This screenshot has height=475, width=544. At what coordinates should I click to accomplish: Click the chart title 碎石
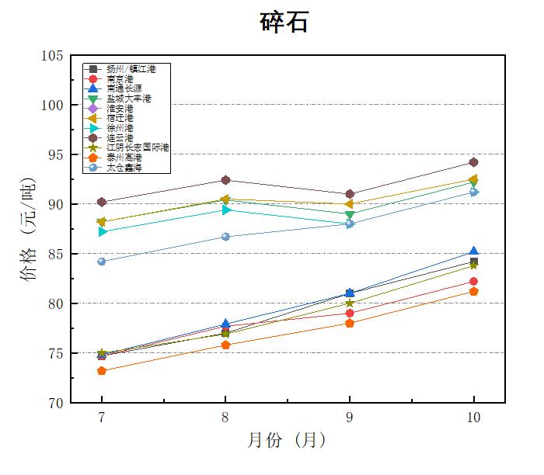click(284, 23)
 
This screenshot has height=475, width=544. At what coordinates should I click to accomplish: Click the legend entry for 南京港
click(120, 79)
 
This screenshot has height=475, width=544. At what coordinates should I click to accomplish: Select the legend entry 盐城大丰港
click(129, 99)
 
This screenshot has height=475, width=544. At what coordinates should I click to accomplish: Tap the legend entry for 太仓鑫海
click(124, 167)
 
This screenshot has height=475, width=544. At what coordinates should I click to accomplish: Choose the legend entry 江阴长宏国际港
click(137, 147)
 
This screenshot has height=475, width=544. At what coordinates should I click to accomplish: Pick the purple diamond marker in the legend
click(93, 109)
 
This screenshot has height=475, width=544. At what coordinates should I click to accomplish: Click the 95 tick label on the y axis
click(56, 154)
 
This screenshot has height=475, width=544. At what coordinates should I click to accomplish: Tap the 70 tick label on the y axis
click(56, 403)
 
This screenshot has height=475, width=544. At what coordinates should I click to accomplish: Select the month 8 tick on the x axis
click(225, 418)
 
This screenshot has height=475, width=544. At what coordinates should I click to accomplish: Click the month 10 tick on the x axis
click(473, 418)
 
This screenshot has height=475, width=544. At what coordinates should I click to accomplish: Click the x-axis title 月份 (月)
click(286, 441)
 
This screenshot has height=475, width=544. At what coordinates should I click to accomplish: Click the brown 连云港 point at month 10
click(473, 162)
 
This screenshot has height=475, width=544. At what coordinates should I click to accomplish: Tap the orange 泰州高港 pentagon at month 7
click(102, 371)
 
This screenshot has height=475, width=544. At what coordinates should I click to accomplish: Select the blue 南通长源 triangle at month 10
click(473, 251)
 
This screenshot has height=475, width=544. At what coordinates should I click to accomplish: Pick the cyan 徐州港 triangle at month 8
click(225, 210)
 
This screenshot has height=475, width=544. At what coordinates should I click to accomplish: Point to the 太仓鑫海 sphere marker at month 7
click(102, 262)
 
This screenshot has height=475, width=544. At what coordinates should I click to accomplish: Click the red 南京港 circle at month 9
click(350, 314)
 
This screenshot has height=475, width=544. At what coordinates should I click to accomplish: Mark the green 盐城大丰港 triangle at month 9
click(350, 215)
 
